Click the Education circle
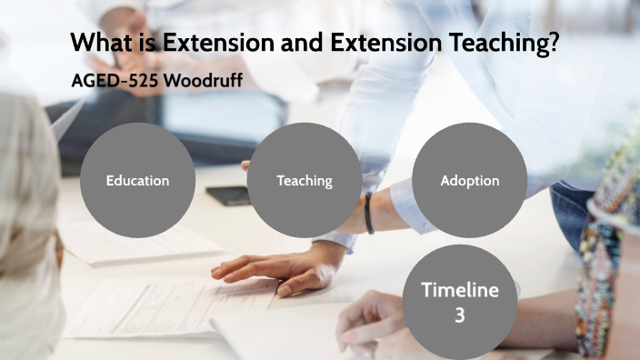[137, 180]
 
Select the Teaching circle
[304, 180]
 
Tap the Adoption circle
[469, 180]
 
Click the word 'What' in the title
[102, 43]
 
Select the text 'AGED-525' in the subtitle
[115, 79]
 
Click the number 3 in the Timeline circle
[459, 315]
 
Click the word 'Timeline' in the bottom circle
[459, 291]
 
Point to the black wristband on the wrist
[369, 214]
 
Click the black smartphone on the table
[227, 195]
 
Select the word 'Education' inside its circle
[137, 180]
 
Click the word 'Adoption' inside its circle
[469, 180]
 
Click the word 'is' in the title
[147, 43]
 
